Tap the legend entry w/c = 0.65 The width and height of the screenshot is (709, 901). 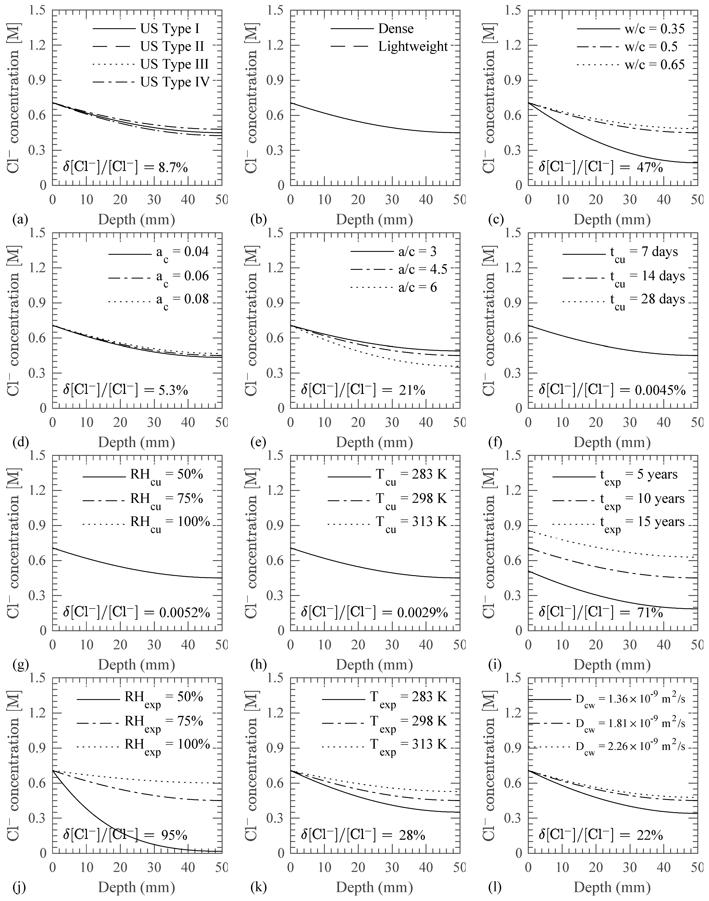click(654, 64)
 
